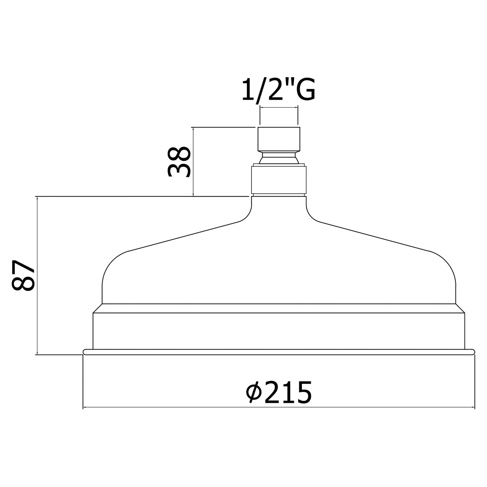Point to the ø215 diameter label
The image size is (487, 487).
[279, 392]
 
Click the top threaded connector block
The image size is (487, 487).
[279, 139]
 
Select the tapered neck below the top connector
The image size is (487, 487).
[279, 158]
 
